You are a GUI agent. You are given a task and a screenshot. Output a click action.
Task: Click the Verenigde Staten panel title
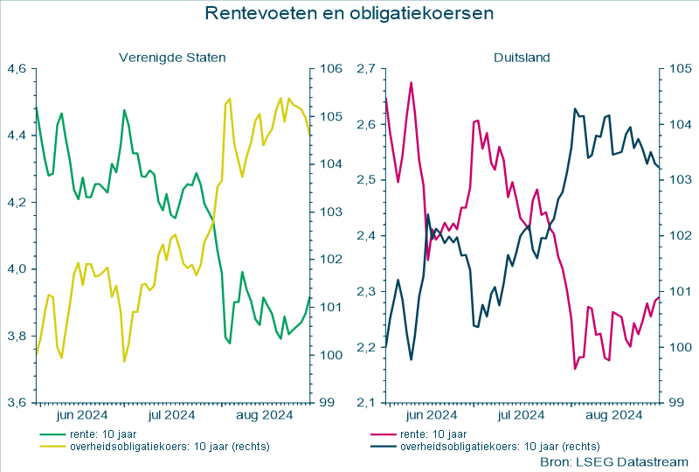[172, 58]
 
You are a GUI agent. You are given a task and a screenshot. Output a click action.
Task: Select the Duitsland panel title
[522, 58]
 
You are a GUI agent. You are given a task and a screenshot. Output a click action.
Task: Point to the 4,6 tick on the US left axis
[17, 68]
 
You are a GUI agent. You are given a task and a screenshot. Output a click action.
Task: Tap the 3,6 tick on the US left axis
[17, 403]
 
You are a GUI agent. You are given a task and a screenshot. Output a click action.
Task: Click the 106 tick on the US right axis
[329, 68]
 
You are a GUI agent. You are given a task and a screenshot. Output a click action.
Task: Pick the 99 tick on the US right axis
[326, 403]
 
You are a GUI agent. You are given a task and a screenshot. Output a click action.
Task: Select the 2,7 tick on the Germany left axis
[366, 68]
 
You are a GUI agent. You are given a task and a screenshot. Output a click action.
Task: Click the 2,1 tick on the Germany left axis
[366, 403]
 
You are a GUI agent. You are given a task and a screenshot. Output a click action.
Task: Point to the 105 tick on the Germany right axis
[679, 68]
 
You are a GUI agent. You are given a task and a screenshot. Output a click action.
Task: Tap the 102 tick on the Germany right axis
[679, 235]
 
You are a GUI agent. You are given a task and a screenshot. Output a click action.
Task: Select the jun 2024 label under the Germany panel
[430, 414]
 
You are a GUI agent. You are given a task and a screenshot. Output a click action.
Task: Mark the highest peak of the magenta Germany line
[411, 82]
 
